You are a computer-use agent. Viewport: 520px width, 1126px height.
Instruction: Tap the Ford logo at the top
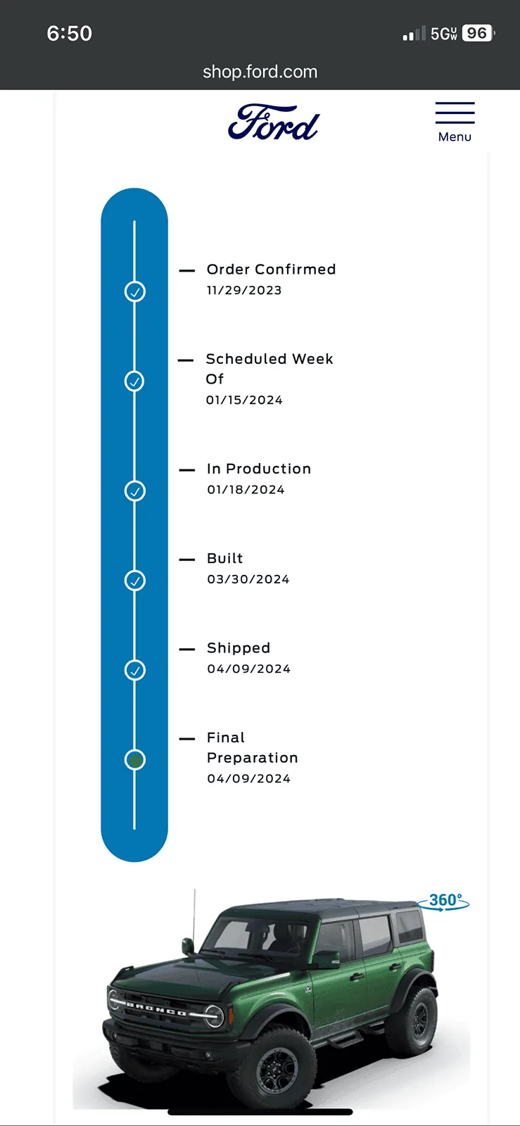[274, 122]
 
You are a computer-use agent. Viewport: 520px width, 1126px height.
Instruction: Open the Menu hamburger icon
[455, 113]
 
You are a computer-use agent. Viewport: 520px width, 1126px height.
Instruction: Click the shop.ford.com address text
[260, 72]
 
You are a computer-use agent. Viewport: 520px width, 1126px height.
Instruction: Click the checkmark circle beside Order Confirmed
[134, 291]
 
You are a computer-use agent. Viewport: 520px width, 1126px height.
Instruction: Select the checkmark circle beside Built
[134, 581]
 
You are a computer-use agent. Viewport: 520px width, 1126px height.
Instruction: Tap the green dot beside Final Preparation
[134, 760]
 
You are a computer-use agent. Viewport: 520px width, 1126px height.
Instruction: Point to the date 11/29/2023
[244, 291]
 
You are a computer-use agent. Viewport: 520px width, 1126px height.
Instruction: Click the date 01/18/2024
[246, 490]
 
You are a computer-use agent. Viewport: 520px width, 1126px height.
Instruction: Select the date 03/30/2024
[248, 579]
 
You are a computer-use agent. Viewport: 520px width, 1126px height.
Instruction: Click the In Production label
[259, 469]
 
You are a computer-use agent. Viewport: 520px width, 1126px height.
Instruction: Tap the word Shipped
[239, 648]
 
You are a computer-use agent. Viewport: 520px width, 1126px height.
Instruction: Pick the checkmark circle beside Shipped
[134, 670]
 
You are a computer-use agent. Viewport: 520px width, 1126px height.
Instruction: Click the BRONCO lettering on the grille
[156, 1009]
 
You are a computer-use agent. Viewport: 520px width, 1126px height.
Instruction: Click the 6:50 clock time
[70, 34]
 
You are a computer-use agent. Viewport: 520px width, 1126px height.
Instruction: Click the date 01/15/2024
[244, 400]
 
